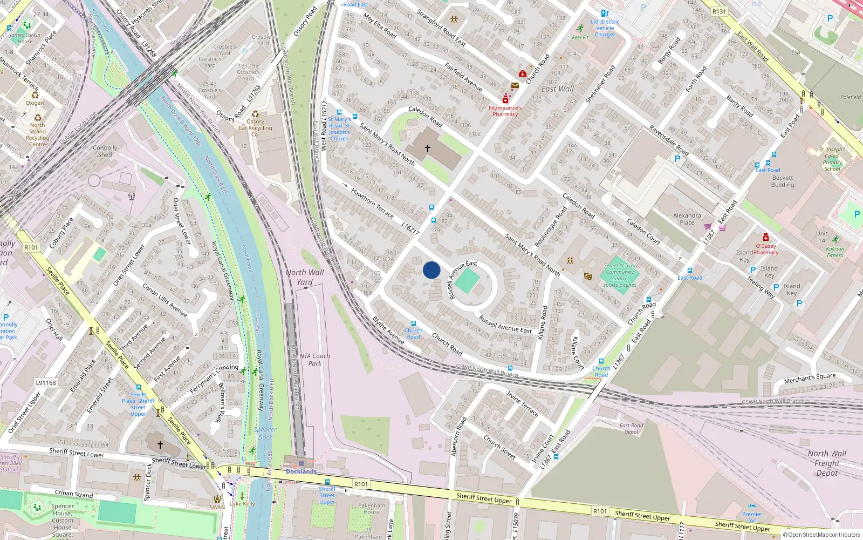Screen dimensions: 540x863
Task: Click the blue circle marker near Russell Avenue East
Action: [x=432, y=270]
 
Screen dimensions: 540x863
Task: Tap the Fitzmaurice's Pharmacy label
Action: [x=505, y=111]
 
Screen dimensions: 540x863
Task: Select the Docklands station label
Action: [x=301, y=471]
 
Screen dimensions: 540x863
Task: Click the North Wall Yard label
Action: [x=305, y=277]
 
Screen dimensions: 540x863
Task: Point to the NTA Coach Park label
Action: [x=314, y=360]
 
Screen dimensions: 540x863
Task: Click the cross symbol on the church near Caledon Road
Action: [x=428, y=148]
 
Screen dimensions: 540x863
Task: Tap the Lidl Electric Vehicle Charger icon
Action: [x=605, y=13]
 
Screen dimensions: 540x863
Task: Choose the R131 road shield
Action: [x=719, y=11]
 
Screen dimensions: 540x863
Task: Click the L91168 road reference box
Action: [x=46, y=383]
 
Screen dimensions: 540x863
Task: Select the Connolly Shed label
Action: [x=105, y=151]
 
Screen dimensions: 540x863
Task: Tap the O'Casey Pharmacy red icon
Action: [x=765, y=238]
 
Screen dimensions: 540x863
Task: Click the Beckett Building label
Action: [x=782, y=181]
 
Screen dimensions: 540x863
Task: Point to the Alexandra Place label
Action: [x=687, y=219]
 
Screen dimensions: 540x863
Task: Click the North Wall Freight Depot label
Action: [x=827, y=463]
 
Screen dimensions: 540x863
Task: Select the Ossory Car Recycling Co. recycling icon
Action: [x=255, y=114]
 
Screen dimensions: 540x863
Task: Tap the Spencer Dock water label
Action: [x=265, y=434]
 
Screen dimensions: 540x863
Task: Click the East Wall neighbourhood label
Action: [x=558, y=89]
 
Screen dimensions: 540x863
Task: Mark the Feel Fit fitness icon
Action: [x=580, y=29]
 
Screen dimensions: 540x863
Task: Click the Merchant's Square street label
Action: [x=810, y=379]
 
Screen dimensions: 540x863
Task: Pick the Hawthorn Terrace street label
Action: [x=372, y=202]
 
